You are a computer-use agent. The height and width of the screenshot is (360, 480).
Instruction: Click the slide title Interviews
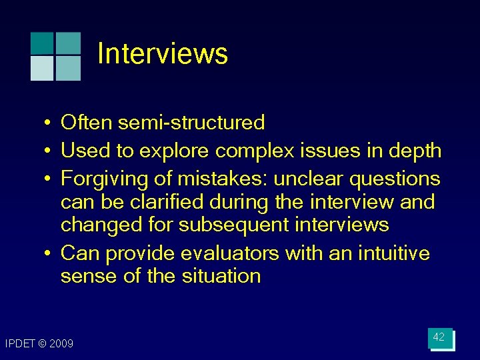click(x=162, y=54)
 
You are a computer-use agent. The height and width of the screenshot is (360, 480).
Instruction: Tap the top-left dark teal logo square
click(x=43, y=43)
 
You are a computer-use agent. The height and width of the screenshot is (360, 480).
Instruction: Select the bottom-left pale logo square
click(x=43, y=68)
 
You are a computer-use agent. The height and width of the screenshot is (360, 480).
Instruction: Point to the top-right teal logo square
click(x=68, y=43)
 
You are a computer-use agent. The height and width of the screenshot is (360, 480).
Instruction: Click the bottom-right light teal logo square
click(x=68, y=68)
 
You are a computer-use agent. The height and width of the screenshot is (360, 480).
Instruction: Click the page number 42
click(x=439, y=337)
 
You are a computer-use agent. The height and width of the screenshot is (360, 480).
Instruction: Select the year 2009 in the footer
click(x=61, y=343)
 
